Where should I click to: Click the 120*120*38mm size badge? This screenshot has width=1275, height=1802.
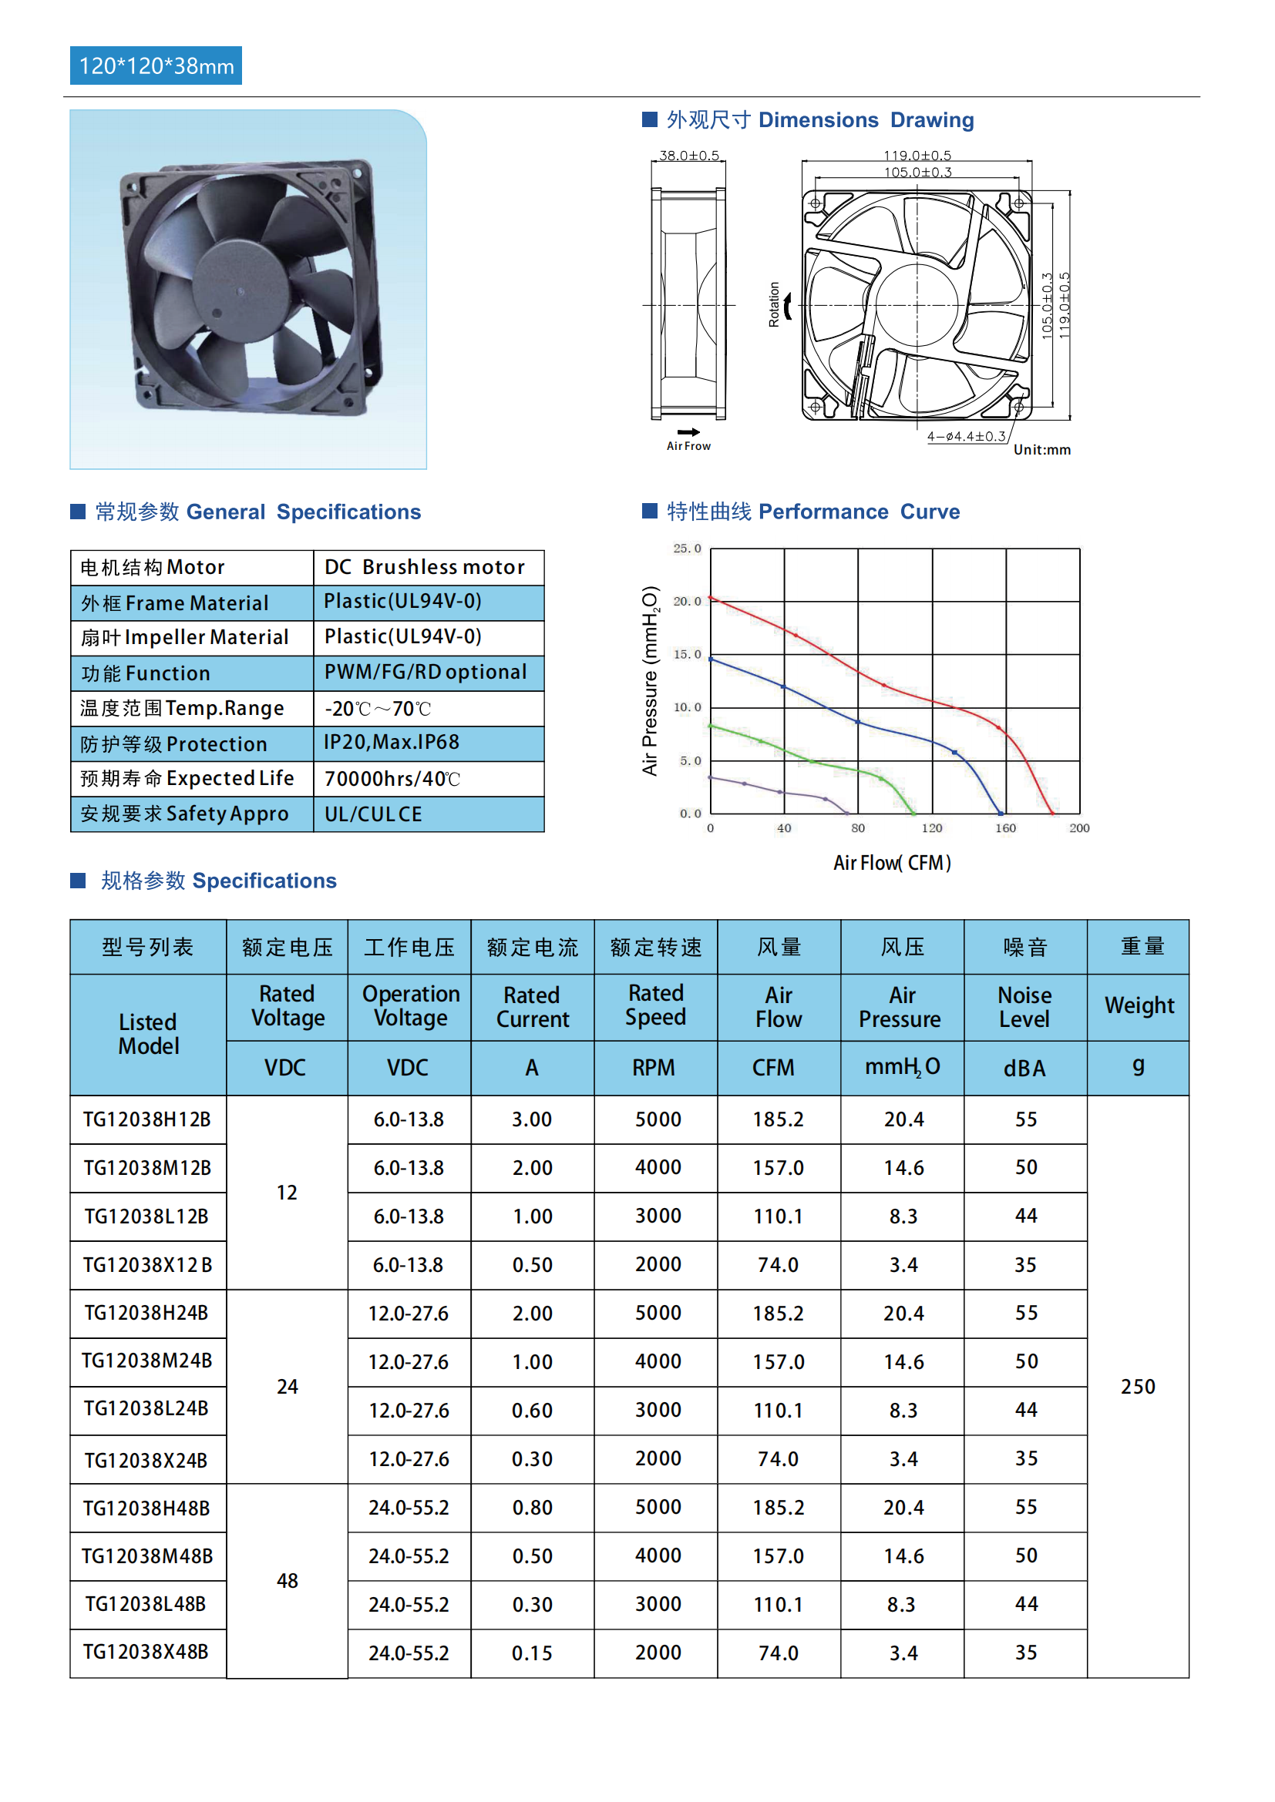pyautogui.click(x=156, y=66)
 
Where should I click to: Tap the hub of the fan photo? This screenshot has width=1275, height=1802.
pyautogui.click(x=241, y=291)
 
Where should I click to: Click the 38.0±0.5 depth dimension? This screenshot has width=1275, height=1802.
pyautogui.click(x=688, y=156)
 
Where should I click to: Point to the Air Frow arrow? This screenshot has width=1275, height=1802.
pyautogui.click(x=688, y=432)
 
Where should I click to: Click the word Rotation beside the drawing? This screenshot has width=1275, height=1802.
pyautogui.click(x=774, y=304)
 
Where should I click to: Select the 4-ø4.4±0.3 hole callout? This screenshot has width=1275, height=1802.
pyautogui.click(x=966, y=436)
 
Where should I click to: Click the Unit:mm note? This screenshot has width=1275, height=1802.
pyautogui.click(x=1042, y=450)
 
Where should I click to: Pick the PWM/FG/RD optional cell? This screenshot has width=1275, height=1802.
pyautogui.click(x=425, y=673)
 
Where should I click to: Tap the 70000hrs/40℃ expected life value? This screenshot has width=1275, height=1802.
pyautogui.click(x=392, y=779)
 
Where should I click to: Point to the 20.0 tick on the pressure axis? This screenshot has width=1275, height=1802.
pyautogui.click(x=687, y=601)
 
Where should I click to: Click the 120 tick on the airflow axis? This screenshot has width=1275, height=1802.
pyautogui.click(x=932, y=828)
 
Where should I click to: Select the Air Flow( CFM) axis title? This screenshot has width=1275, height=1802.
pyautogui.click(x=892, y=864)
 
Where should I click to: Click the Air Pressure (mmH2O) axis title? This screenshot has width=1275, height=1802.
pyautogui.click(x=651, y=680)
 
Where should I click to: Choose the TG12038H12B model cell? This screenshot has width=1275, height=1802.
pyautogui.click(x=146, y=1119)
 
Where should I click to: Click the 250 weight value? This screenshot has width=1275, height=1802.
pyautogui.click(x=1138, y=1387)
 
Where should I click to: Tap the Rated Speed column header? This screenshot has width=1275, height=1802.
pyautogui.click(x=655, y=1005)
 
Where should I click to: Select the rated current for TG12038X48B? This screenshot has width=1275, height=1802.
pyautogui.click(x=533, y=1653)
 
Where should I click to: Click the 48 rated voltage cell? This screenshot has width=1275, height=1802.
pyautogui.click(x=288, y=1581)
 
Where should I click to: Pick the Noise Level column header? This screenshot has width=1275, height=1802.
pyautogui.click(x=1024, y=1007)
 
